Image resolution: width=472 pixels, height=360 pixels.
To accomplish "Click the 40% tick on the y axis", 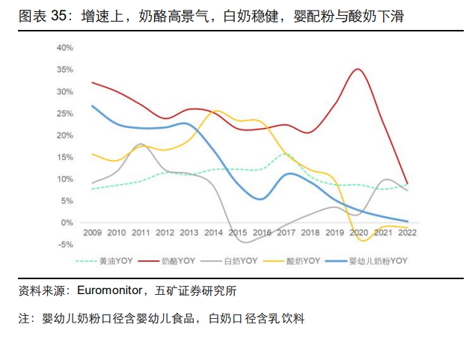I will click(64, 48).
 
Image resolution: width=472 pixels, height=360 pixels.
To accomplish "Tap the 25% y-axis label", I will click(64, 114).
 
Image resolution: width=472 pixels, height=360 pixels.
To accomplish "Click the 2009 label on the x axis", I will click(92, 233).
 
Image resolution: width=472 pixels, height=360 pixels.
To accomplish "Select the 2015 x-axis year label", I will click(237, 233).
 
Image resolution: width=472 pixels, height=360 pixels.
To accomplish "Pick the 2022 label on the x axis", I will click(407, 233).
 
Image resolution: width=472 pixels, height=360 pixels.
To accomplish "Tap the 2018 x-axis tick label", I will click(310, 233).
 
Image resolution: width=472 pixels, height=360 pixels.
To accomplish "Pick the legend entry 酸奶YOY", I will click(302, 260).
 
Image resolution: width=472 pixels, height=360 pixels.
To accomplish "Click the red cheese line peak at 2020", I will click(358, 70).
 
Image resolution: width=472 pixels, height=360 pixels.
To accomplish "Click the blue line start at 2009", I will click(92, 106).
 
